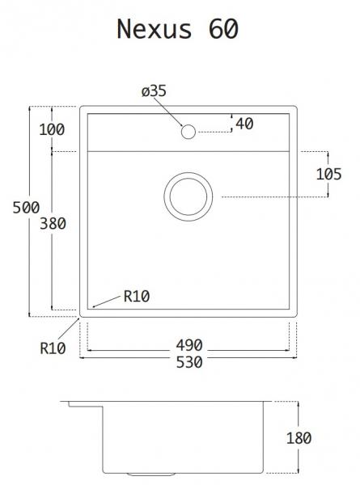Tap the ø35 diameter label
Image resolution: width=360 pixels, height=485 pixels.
154,92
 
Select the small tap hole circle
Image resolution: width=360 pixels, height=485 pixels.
188,132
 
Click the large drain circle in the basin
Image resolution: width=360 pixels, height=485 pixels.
189,196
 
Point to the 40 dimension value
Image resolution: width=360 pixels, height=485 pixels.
246,124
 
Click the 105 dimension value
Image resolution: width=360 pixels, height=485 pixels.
328,174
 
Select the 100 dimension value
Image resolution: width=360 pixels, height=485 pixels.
51,129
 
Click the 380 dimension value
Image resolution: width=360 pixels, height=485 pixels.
52,224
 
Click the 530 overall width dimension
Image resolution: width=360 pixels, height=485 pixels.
188,363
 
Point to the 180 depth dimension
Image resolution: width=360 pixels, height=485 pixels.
299,439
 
